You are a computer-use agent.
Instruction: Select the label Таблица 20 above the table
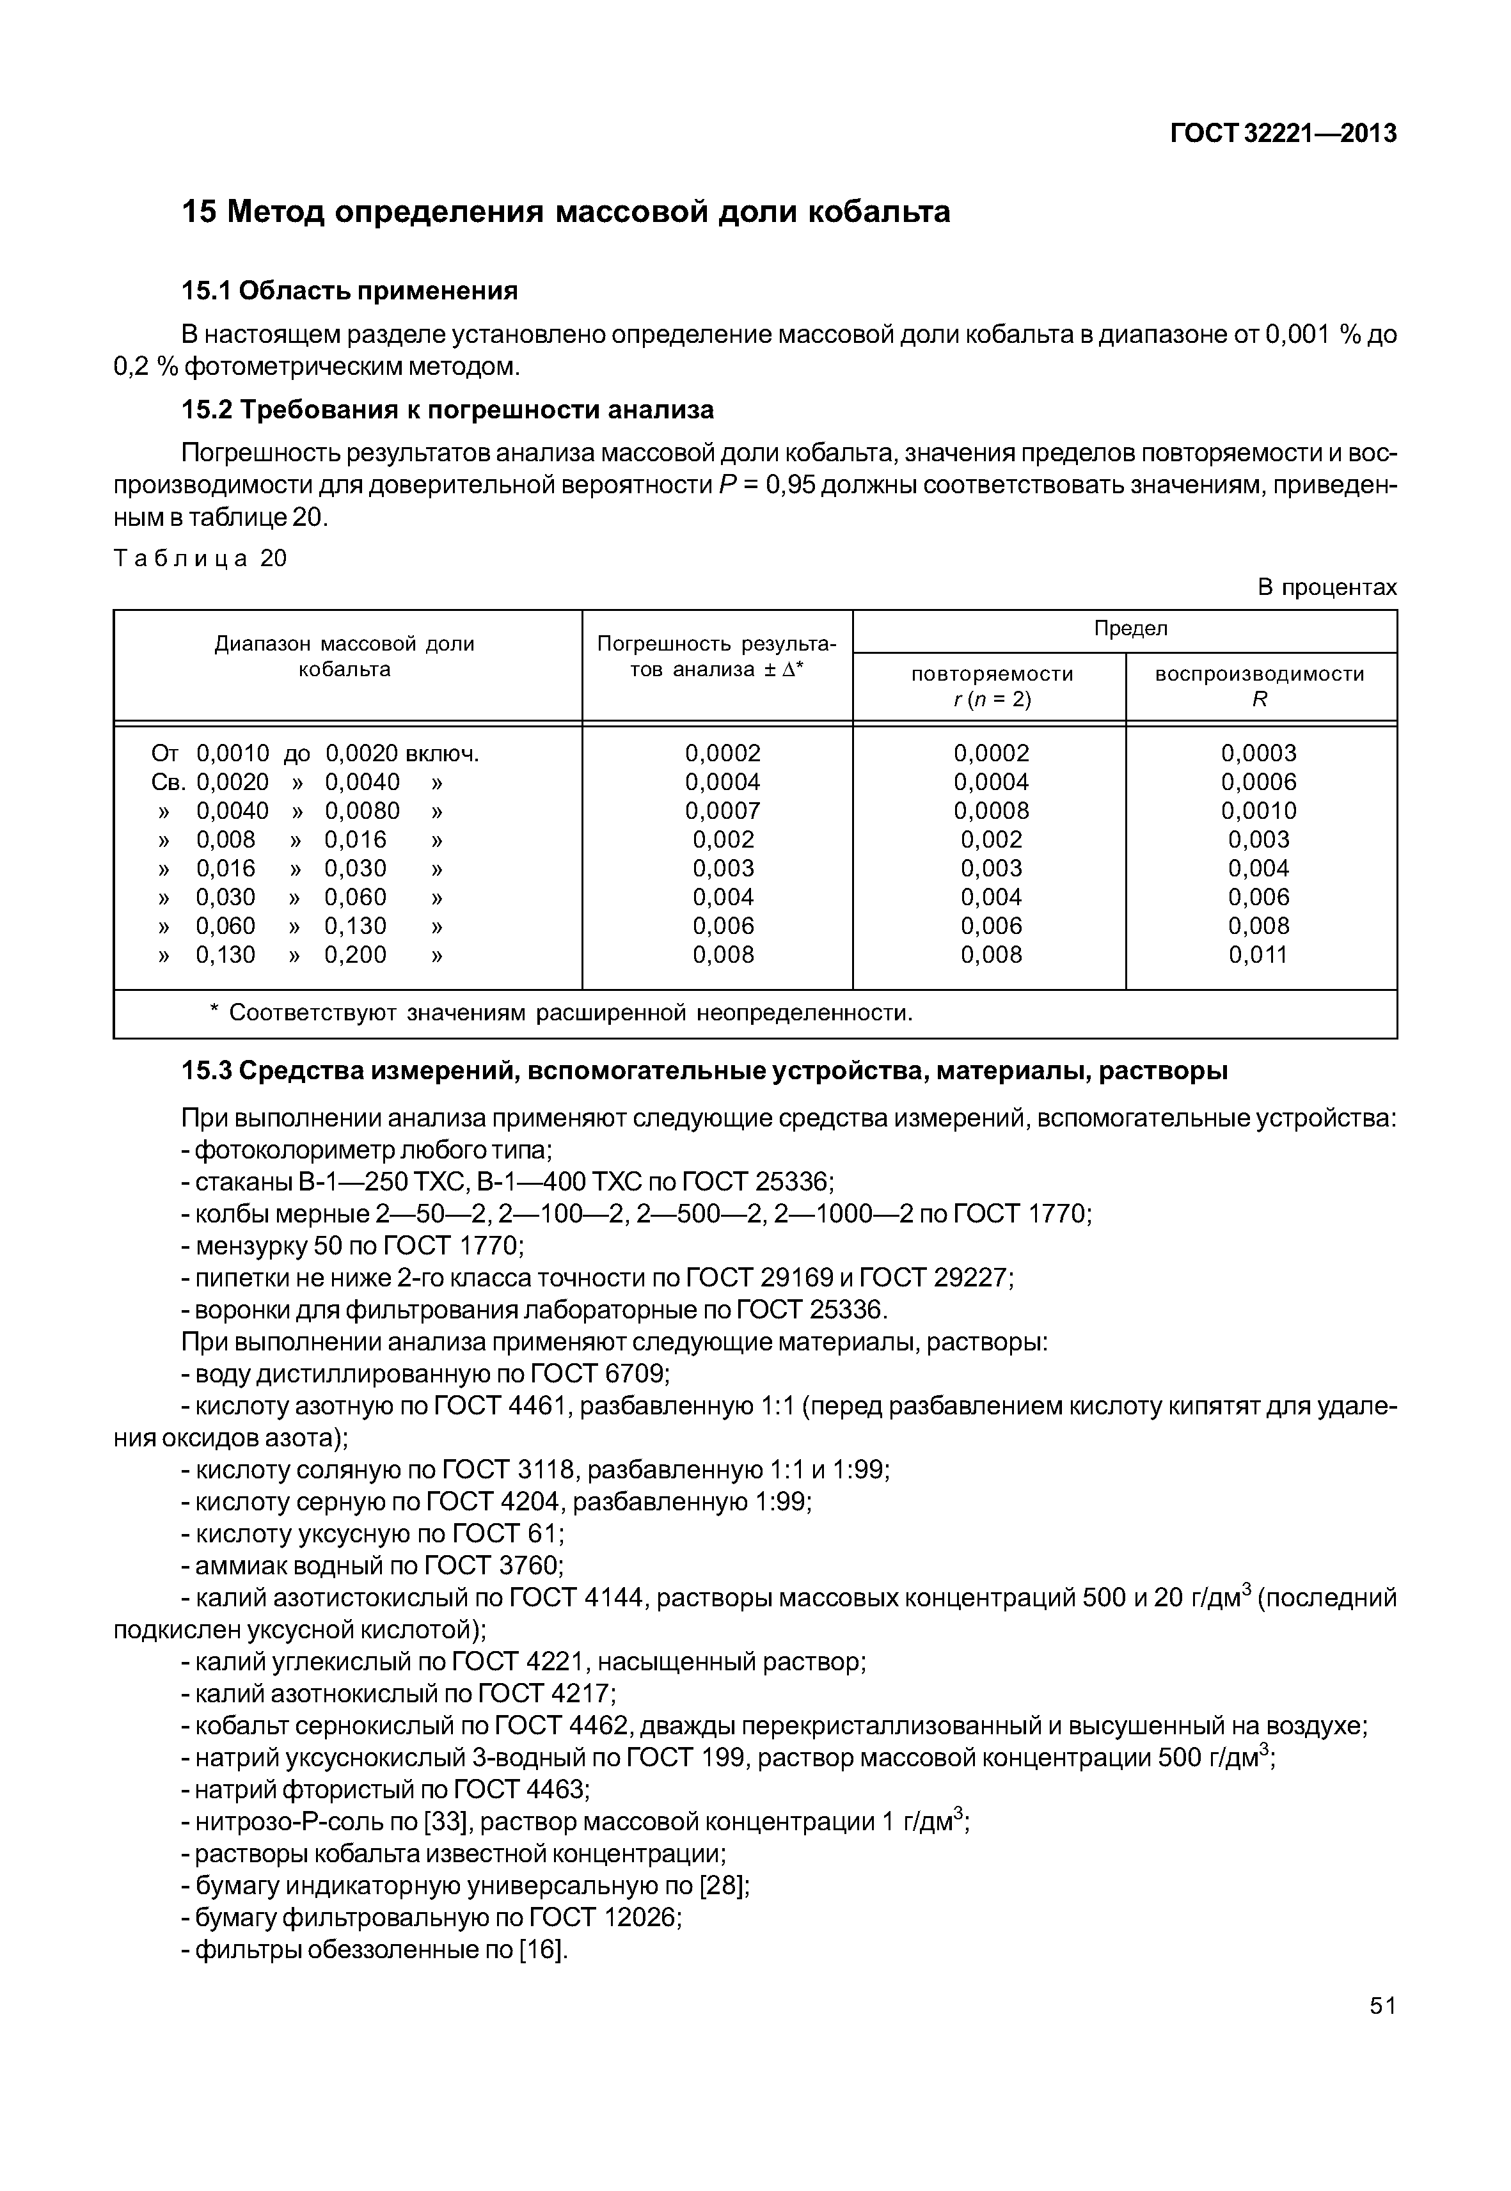[200, 558]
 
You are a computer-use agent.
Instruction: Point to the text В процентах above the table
[1326, 587]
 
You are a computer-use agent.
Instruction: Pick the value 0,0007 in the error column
[722, 811]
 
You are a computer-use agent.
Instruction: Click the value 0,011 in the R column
[1258, 954]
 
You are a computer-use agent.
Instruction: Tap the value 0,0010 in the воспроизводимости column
[1258, 811]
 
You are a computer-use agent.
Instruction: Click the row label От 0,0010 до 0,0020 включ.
[315, 754]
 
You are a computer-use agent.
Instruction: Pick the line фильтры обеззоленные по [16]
[374, 1950]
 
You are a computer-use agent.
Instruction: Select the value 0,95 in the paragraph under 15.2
[789, 486]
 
